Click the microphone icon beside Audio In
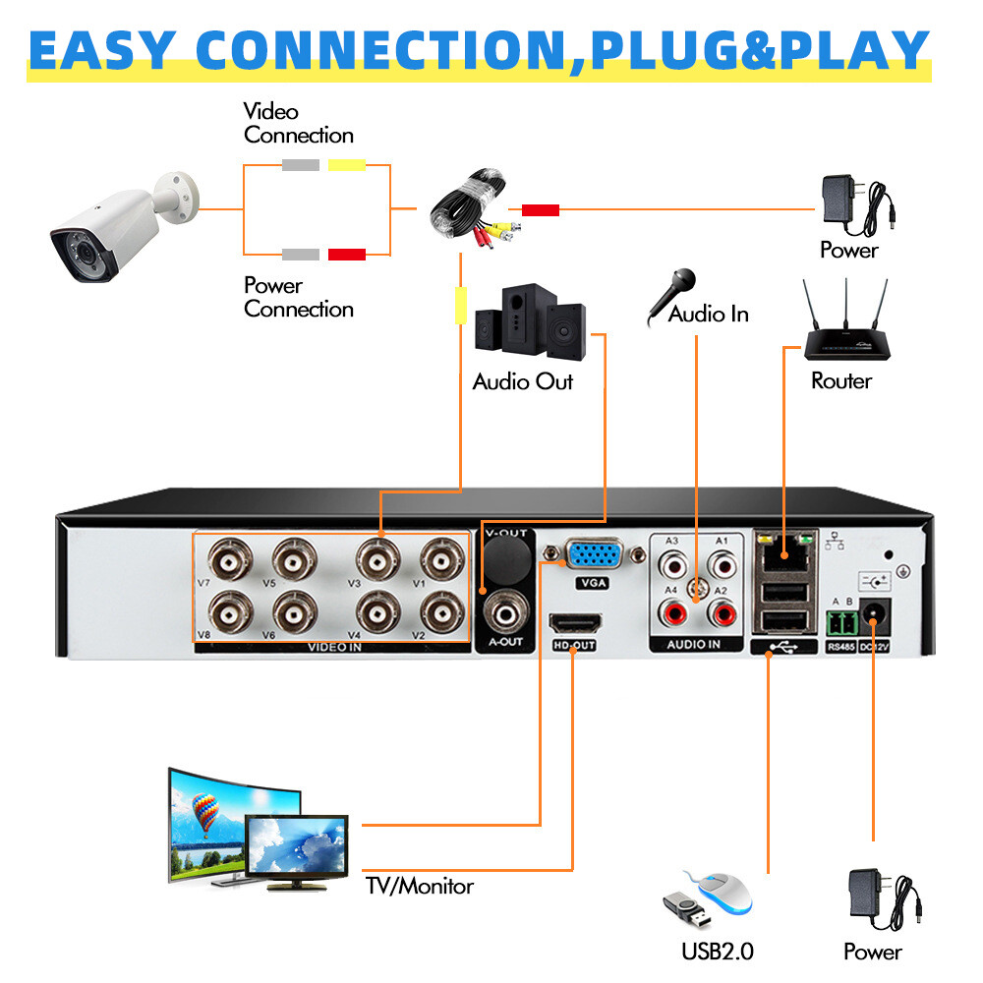click(670, 295)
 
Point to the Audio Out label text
click(522, 381)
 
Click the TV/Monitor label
click(420, 886)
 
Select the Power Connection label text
click(299, 297)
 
